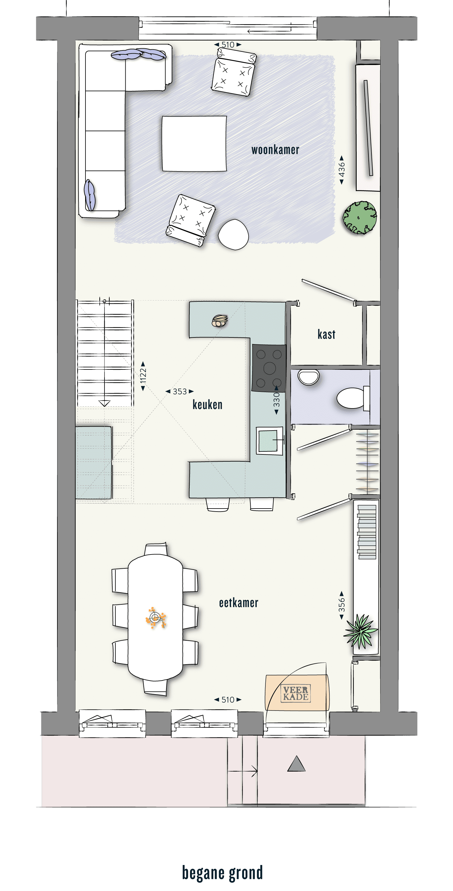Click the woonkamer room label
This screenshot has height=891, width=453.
[275, 150]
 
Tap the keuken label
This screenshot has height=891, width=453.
[207, 404]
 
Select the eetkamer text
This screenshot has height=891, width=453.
[238, 603]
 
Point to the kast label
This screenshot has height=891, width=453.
[326, 334]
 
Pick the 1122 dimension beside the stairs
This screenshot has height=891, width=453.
[143, 376]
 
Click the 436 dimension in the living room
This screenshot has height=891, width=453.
[341, 170]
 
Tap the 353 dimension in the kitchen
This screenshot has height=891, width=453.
[180, 392]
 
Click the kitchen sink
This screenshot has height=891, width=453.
[269, 441]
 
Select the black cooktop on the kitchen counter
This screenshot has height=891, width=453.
[269, 368]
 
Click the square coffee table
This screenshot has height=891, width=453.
[194, 144]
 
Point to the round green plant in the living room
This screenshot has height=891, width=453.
[360, 218]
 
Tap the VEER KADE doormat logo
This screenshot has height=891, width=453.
[296, 693]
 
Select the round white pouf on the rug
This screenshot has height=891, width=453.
[233, 235]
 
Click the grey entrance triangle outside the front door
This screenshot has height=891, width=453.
[297, 763]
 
